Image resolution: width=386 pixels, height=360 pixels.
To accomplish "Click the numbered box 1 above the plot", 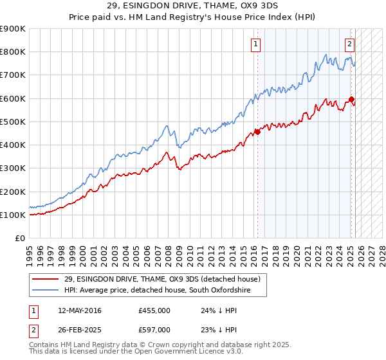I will point(256,44).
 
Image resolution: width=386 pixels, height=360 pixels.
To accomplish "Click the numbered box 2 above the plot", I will point(349,44).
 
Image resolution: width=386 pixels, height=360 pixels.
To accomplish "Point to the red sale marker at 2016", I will point(257,132).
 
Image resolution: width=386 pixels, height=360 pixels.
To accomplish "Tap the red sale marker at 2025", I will point(351,99).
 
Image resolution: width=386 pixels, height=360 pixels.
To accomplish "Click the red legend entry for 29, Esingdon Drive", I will point(161,279).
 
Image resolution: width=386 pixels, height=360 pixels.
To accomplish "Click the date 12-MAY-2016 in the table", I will point(80,310).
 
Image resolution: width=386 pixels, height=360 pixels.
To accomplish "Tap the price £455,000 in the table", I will point(154,310).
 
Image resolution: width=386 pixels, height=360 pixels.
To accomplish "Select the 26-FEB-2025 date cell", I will point(80,330).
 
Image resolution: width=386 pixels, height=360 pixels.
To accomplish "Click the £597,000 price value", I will point(154,330).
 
